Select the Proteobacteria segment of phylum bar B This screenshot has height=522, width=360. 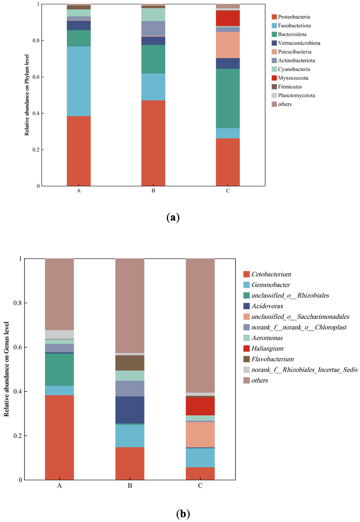[x=153, y=143]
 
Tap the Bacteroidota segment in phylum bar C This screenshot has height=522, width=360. [x=228, y=98]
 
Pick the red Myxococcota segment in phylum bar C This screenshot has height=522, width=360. [x=228, y=18]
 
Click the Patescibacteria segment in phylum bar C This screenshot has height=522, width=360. [x=228, y=45]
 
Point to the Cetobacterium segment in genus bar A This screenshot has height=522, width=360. [x=59, y=437]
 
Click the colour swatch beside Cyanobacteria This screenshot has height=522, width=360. [x=274, y=70]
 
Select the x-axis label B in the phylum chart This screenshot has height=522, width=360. [x=153, y=191]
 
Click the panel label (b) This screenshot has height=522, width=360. [x=183, y=514]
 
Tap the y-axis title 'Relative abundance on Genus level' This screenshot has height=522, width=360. [x=6, y=369]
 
